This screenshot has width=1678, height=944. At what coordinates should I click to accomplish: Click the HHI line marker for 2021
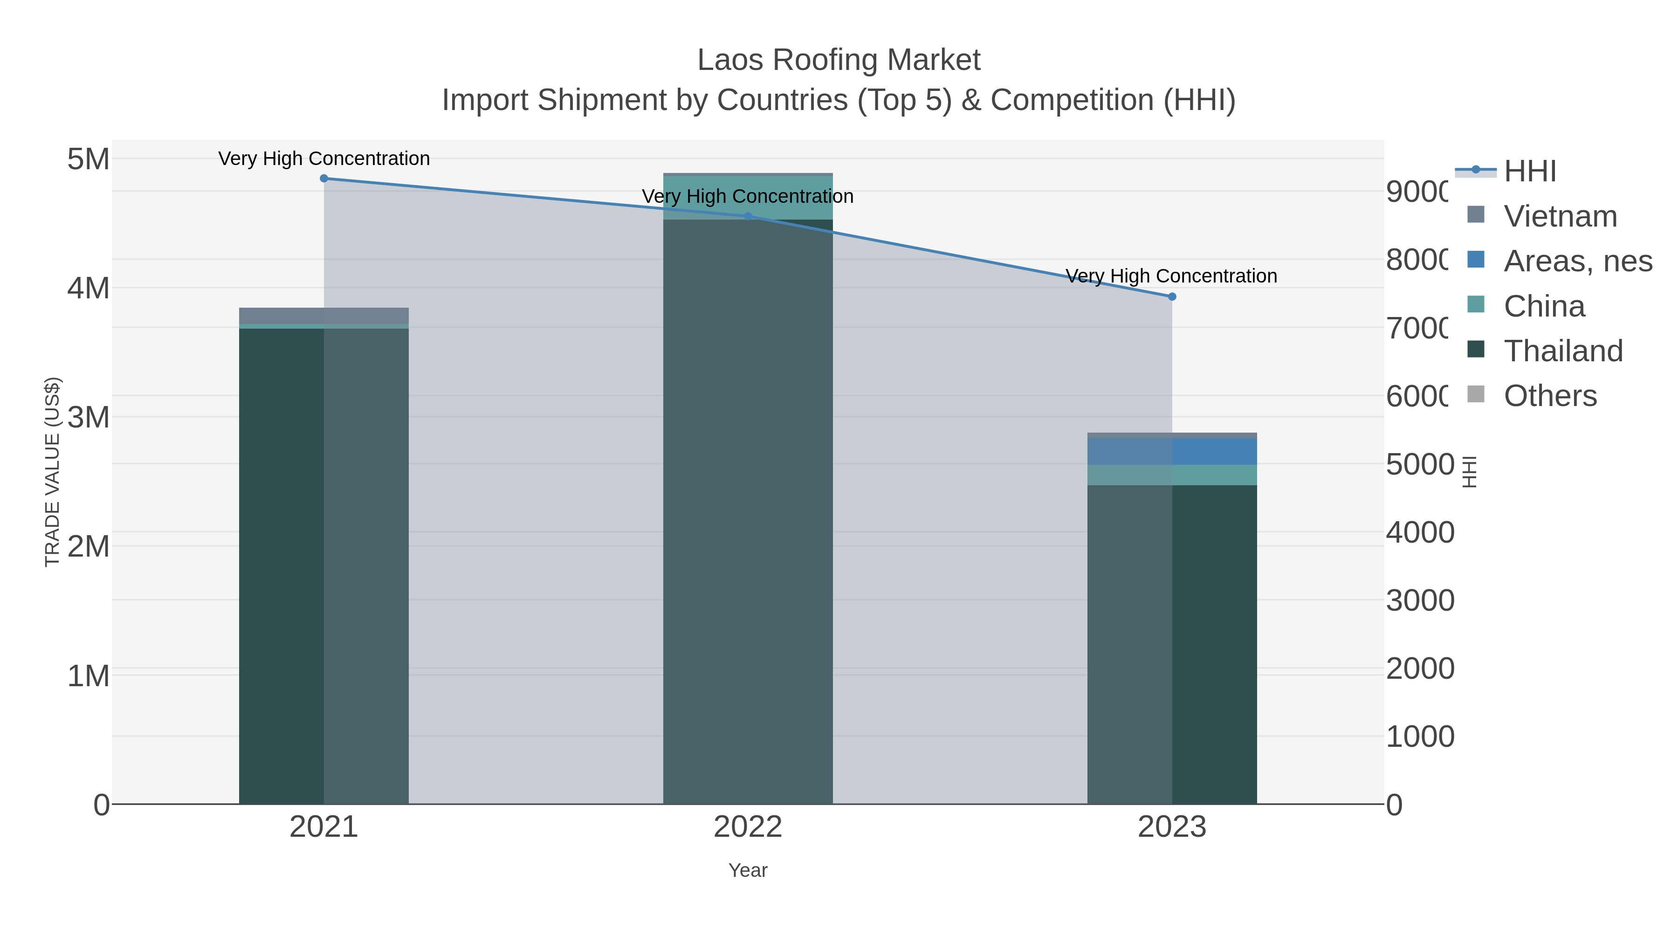[324, 179]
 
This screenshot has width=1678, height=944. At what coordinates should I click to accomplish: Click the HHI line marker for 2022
[748, 216]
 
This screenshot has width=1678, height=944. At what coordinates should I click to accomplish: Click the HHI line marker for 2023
[1172, 296]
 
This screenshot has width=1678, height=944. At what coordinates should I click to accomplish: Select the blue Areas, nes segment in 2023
[1172, 451]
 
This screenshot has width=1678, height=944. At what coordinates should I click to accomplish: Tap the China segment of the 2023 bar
[1172, 475]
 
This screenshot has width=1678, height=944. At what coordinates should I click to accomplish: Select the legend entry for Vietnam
[1560, 216]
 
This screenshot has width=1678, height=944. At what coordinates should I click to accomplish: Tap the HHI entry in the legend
[1529, 172]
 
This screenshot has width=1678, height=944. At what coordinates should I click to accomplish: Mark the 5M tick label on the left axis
[88, 159]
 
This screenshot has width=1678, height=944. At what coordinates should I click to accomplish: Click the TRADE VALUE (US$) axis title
[52, 472]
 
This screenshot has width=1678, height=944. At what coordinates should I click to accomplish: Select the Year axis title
[748, 870]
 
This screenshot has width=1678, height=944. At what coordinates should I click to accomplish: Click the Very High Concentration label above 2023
[1171, 276]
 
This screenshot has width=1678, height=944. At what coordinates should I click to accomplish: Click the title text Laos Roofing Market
[839, 60]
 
